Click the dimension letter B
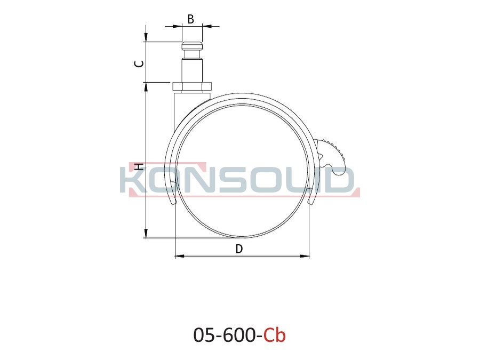190,19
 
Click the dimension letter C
140,63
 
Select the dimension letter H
139,167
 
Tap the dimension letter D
239,249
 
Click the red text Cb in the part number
275,335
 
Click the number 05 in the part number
205,335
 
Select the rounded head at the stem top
192,46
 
